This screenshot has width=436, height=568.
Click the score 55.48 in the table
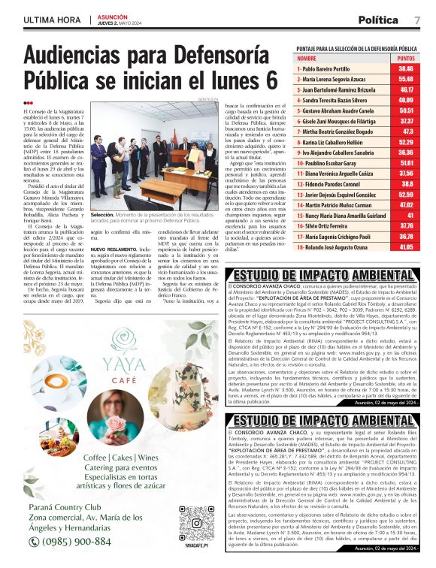pos(406,78)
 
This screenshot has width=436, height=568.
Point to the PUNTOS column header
pos(406,57)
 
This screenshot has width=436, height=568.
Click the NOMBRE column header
pos(307,57)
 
